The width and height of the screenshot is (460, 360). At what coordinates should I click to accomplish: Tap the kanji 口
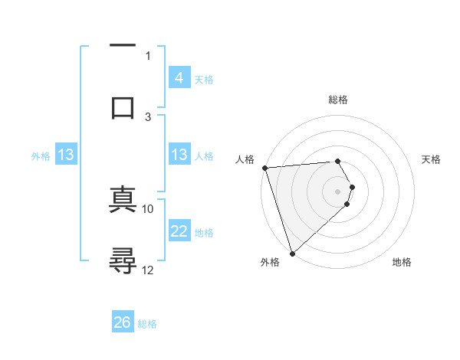122,107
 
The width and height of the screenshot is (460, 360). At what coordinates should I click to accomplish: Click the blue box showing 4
179,78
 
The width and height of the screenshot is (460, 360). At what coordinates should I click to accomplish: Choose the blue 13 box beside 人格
179,155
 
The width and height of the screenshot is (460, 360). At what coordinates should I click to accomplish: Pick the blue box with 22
179,231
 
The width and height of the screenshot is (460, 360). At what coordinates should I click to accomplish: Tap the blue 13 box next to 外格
66,155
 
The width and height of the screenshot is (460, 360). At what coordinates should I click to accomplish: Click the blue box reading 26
123,322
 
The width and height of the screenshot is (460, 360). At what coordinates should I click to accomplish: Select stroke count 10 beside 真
148,208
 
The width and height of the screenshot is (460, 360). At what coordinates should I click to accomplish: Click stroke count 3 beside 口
148,116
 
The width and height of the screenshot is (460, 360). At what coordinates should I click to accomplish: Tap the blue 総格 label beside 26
147,324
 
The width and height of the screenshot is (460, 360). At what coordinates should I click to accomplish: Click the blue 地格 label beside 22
204,233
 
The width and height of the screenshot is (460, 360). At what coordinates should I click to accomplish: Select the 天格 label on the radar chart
431,159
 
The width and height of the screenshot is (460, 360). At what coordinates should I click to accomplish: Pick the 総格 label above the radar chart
338,100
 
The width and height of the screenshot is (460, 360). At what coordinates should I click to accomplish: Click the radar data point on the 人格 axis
264,168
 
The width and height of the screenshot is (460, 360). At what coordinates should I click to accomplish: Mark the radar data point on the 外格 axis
292,253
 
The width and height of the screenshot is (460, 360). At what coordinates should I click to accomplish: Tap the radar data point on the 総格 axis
337,161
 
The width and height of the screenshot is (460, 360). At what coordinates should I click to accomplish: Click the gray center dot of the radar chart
338,190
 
